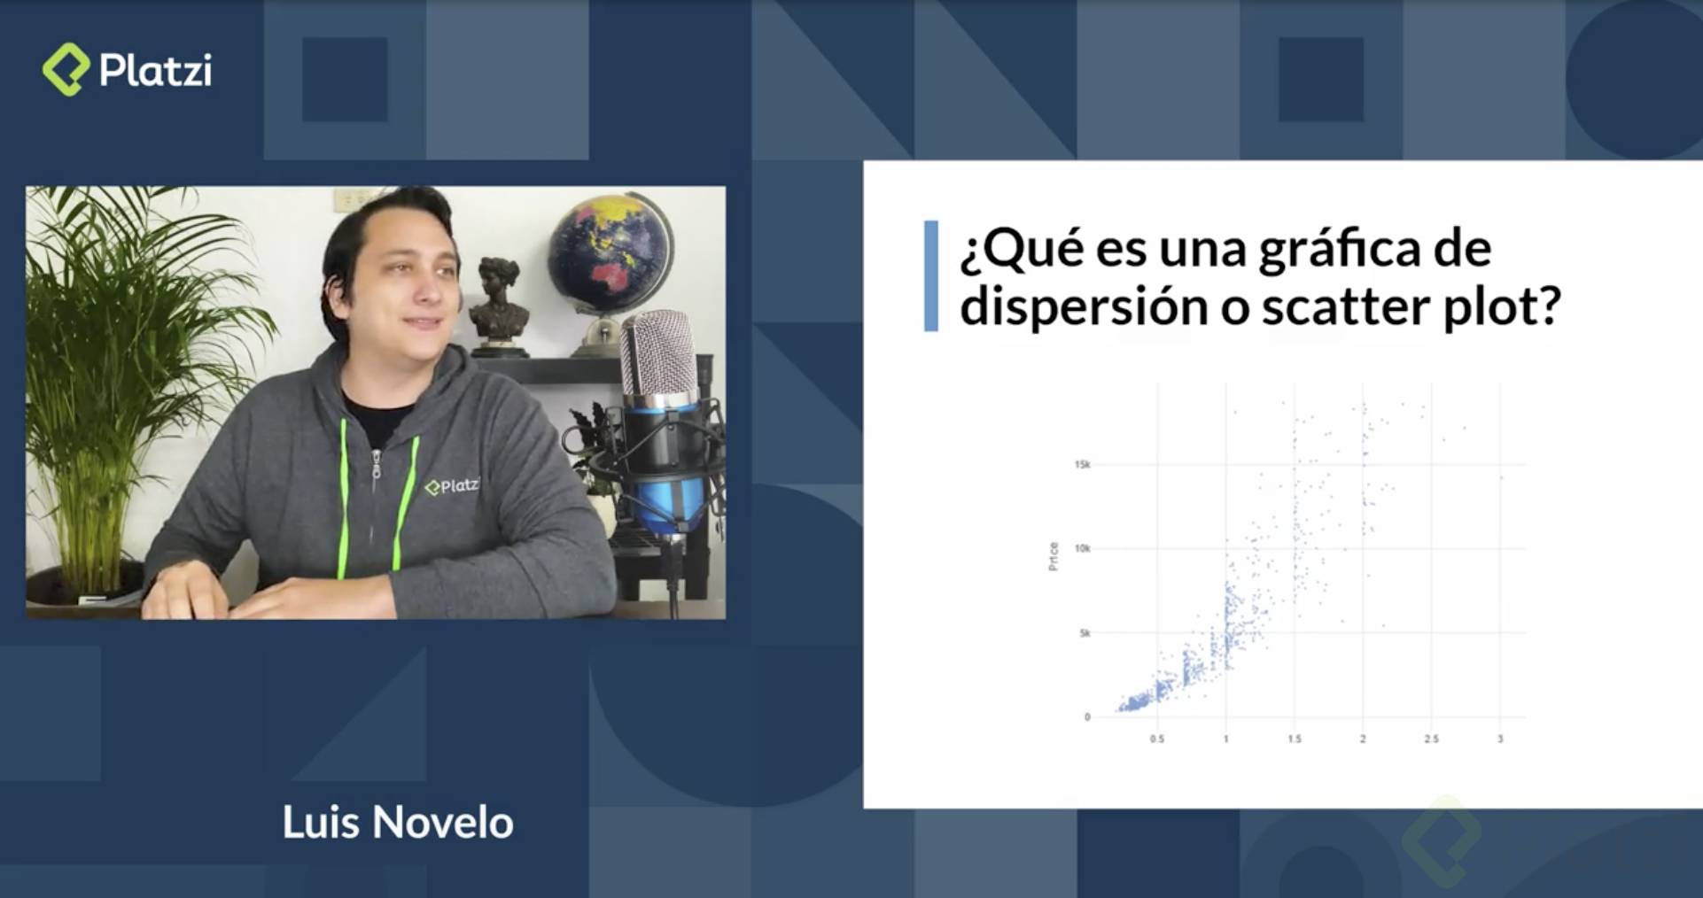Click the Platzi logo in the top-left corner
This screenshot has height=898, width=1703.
click(127, 70)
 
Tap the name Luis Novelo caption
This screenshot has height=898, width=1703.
click(398, 823)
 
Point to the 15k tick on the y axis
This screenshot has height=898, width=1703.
click(1082, 465)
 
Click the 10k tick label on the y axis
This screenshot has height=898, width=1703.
click(1082, 549)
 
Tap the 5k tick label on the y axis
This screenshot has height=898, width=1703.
click(1085, 633)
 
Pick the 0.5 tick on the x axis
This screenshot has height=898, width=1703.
click(1157, 739)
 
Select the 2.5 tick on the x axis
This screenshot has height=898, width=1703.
click(1431, 739)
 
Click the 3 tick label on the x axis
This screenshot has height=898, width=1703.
click(1500, 739)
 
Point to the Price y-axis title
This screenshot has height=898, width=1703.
click(1054, 556)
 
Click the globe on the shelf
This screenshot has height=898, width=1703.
click(609, 252)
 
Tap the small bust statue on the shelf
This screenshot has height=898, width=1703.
click(500, 297)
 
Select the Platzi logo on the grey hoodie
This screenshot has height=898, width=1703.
click(451, 486)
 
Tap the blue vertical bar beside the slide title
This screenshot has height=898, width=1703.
click(930, 276)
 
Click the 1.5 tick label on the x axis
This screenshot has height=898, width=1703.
click(1295, 739)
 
